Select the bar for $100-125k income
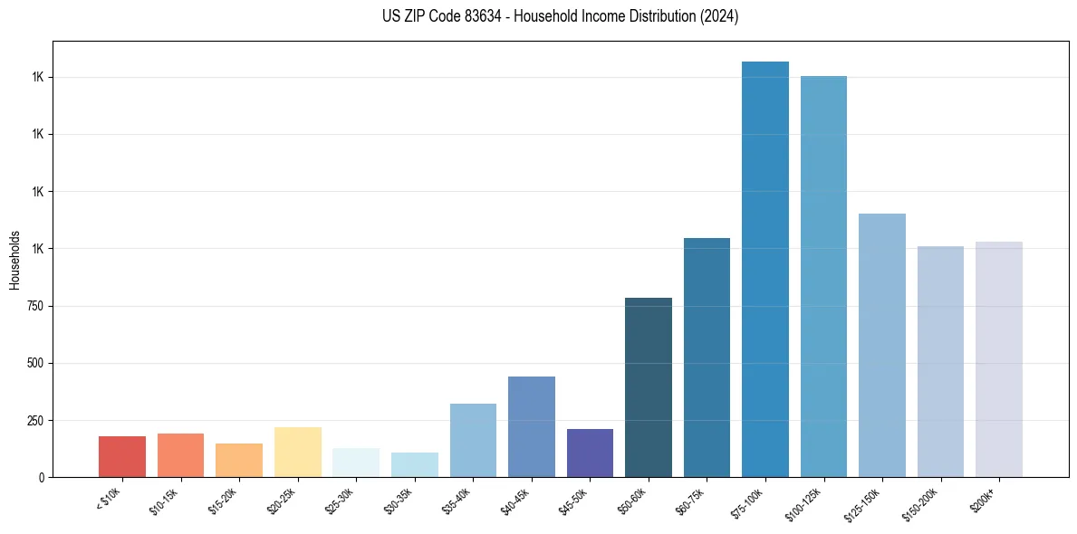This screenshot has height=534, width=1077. pos(823,276)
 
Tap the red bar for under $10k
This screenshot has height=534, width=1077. pos(122,456)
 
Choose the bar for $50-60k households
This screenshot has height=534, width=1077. pos(649,387)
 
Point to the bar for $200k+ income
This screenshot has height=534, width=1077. pos(999,359)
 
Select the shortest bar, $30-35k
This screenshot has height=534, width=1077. pos(415,464)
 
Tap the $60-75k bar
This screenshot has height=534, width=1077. pos(707,358)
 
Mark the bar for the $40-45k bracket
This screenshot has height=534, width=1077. pos(532,426)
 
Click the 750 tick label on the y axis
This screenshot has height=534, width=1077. pos(34,306)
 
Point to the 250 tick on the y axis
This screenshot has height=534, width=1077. pos(34,421)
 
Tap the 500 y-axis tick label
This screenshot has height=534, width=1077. pos(34,363)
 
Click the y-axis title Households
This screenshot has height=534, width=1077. pos(14,259)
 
